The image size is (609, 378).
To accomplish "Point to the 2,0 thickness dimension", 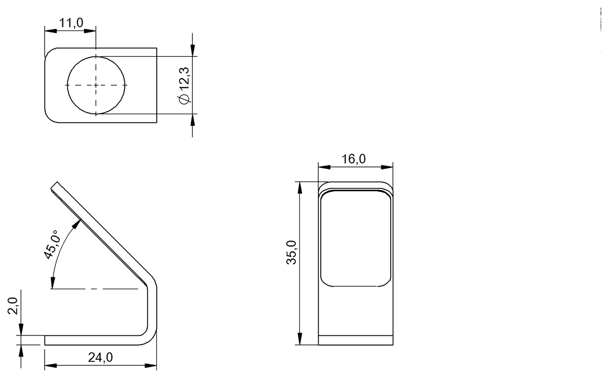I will pos(14,307).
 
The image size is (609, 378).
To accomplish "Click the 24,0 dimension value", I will pos(100,358).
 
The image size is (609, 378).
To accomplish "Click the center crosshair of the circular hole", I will pos(96,85).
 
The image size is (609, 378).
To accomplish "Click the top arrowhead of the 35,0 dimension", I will pos(300,187).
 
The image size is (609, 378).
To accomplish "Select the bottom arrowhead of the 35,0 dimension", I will pos(300,340).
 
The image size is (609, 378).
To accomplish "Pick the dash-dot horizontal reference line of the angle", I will pos(96,289).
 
